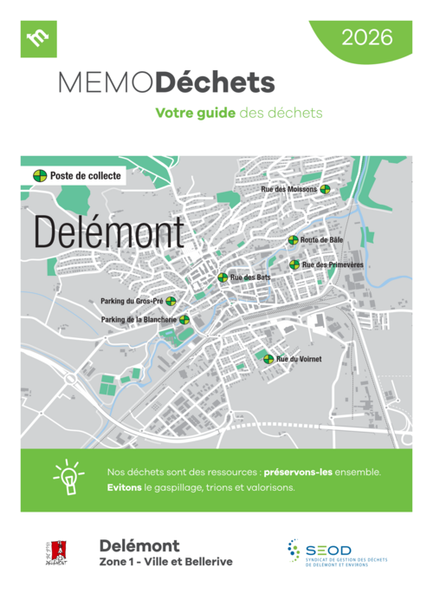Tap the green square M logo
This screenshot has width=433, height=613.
38,38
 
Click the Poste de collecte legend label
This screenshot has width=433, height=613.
85,175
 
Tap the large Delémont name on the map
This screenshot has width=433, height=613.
108,232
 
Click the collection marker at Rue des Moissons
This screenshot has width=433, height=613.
325,189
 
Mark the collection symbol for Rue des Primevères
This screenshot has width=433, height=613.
294,264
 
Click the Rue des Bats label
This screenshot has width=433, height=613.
250,277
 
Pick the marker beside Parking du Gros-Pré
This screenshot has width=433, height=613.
171,302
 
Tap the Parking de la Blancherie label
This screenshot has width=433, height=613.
139,319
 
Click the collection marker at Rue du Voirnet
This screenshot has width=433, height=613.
268,359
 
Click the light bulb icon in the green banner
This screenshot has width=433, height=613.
67,479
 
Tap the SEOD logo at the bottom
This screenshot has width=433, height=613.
333,551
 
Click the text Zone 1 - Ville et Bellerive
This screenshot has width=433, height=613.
165,561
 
